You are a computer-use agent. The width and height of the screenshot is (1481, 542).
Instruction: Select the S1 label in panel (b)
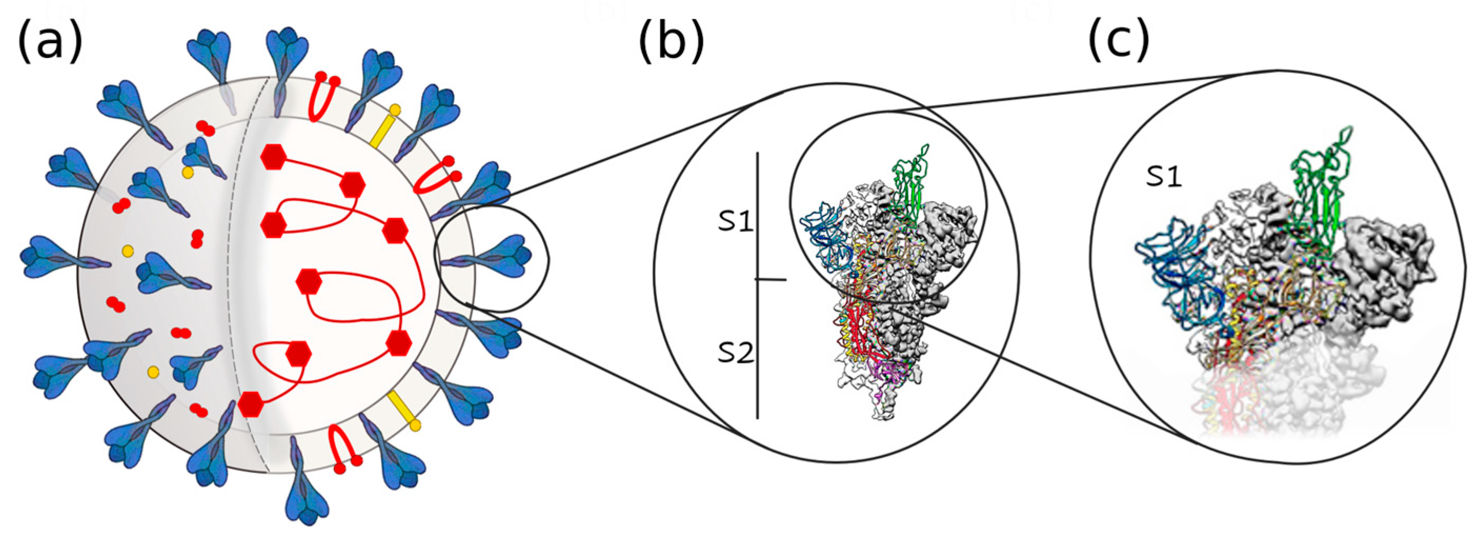735,221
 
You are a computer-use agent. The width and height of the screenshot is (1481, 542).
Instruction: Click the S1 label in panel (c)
1164,177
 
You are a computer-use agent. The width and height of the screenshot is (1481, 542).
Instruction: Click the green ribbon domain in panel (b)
908,184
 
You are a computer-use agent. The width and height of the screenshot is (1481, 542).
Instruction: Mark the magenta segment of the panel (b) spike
888,371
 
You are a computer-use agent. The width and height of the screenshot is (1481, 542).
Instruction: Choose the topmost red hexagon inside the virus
273,156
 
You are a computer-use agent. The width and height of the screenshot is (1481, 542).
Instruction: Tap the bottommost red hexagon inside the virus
251,404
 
